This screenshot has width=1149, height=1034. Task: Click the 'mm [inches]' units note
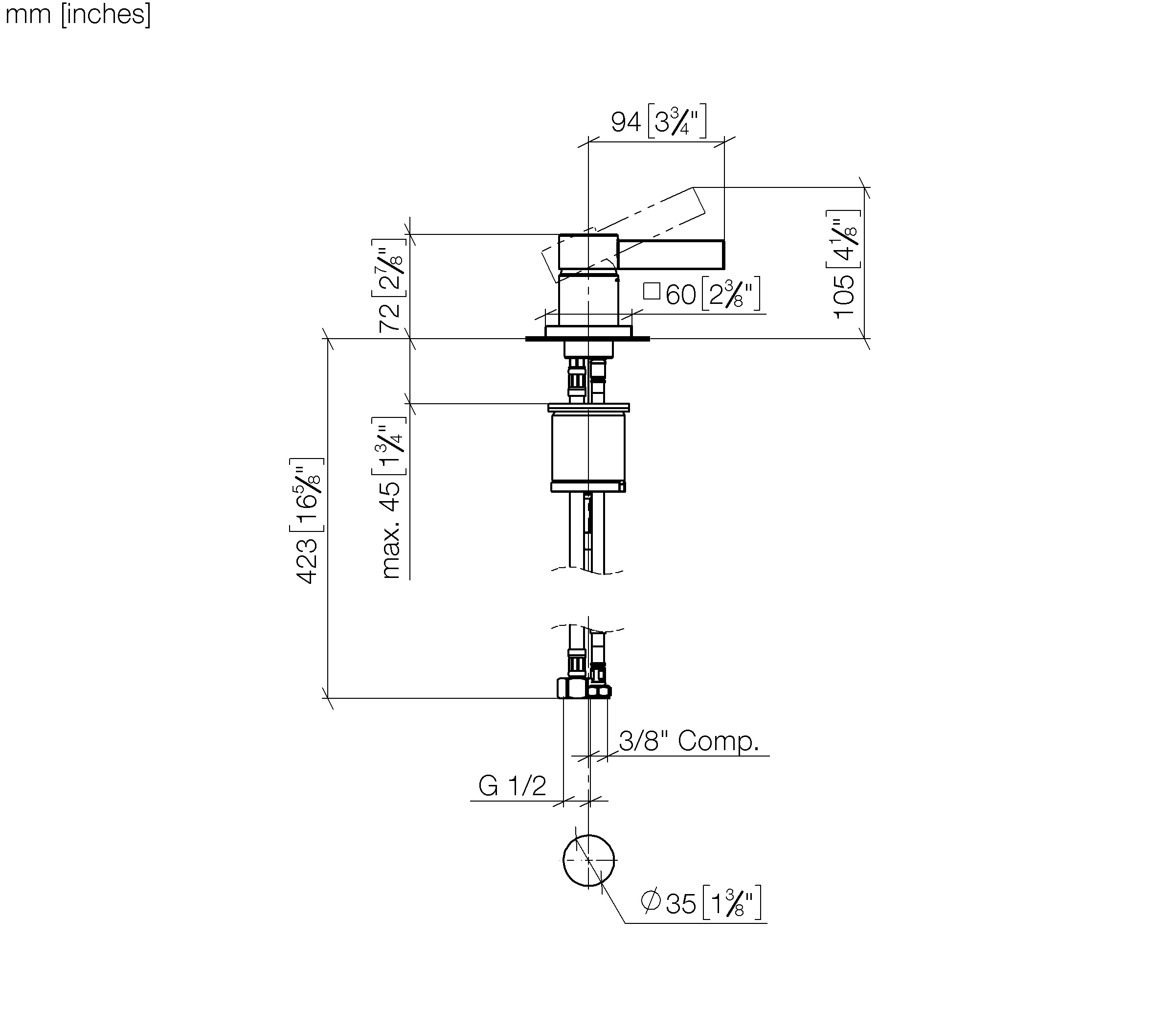(78, 14)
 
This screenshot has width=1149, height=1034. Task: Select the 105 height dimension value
(844, 297)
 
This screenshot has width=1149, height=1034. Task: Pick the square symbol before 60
(652, 292)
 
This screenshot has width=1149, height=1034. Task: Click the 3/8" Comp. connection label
(689, 740)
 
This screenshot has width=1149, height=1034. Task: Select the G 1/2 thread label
(512, 786)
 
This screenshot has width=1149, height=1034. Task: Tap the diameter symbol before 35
(651, 901)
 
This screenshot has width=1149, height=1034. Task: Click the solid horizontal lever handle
(671, 254)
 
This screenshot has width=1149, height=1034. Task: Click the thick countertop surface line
(587, 339)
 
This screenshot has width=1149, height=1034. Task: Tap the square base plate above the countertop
(588, 331)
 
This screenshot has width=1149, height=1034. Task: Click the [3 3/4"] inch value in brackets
(677, 121)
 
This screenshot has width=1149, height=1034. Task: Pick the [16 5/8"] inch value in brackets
(307, 494)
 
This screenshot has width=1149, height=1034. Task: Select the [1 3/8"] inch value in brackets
(732, 902)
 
